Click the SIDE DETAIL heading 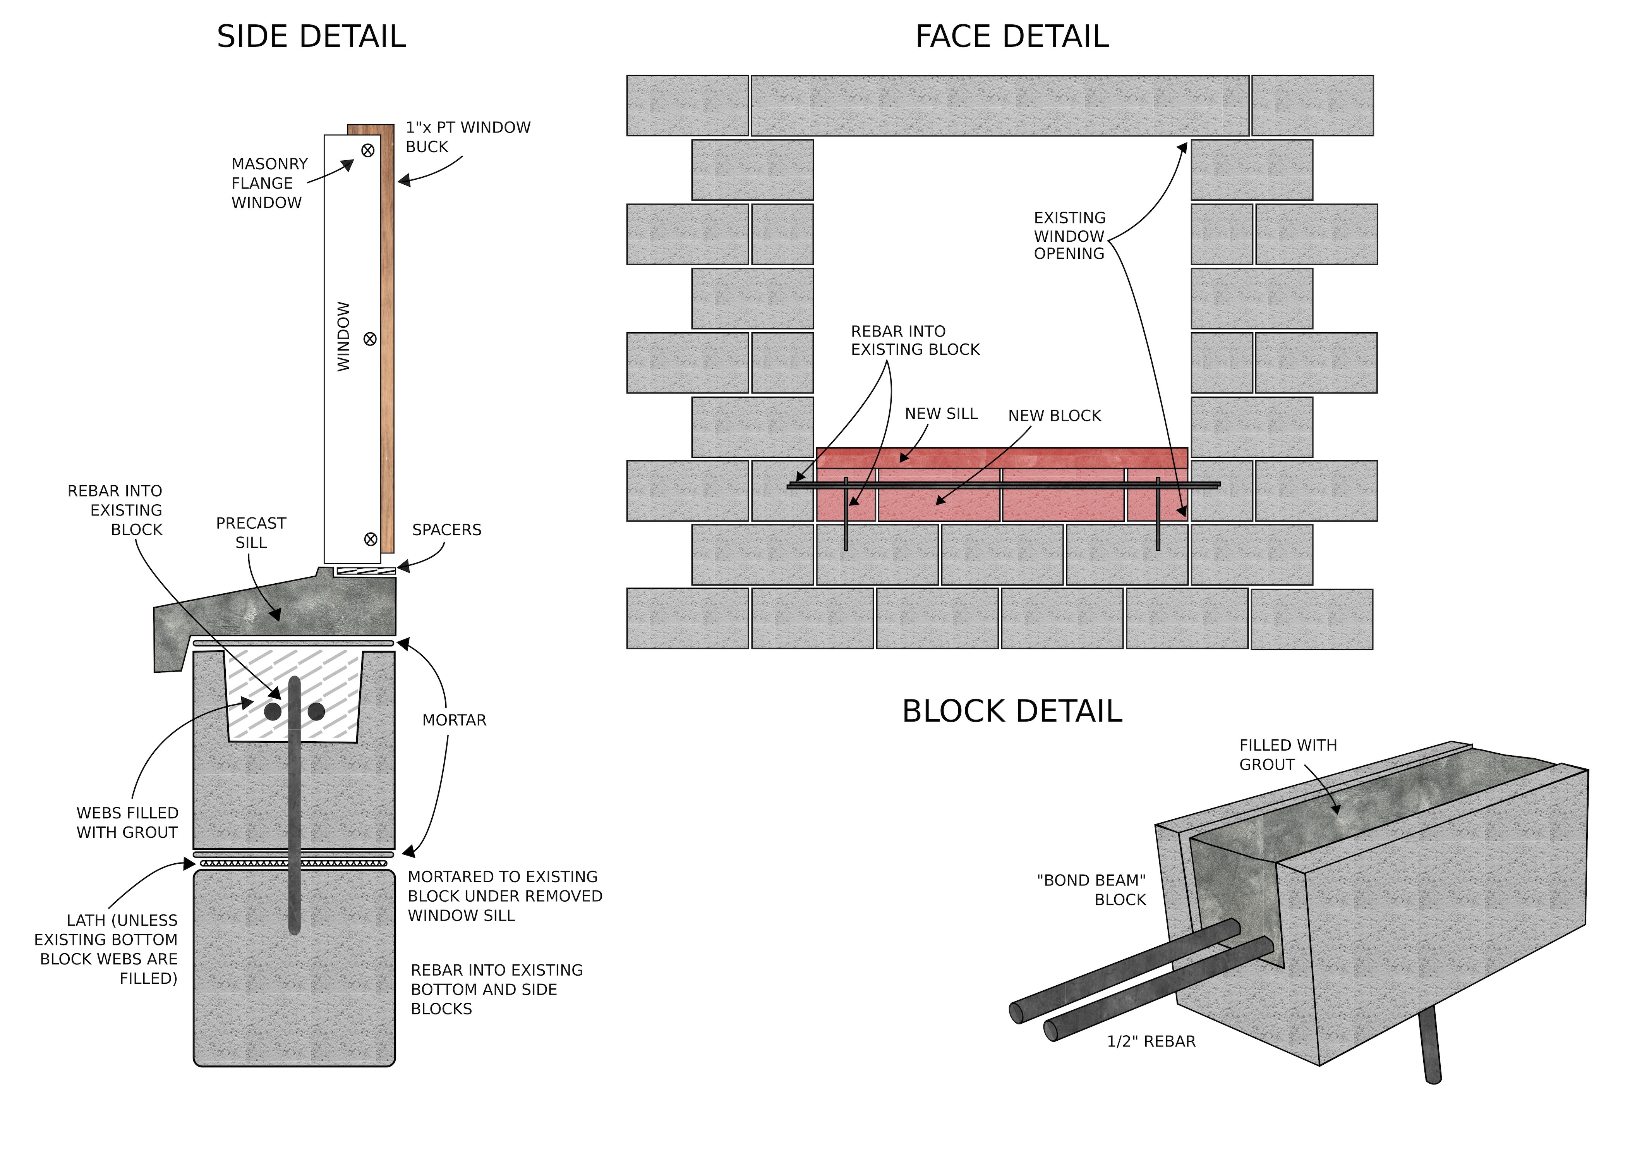[x=311, y=37]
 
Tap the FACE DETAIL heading [x=1012, y=37]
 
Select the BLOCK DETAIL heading [x=1012, y=711]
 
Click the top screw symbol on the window [x=368, y=150]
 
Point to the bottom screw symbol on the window [x=370, y=540]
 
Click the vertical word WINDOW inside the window [x=343, y=337]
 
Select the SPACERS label [x=446, y=530]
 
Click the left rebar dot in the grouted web [x=273, y=711]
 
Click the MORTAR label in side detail [x=455, y=721]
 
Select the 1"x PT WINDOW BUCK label [x=467, y=137]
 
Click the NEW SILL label [x=941, y=414]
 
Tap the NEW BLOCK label [x=1054, y=416]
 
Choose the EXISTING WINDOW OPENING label [x=1069, y=236]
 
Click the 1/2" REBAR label [x=1151, y=1041]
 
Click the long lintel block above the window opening [x=1000, y=106]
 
